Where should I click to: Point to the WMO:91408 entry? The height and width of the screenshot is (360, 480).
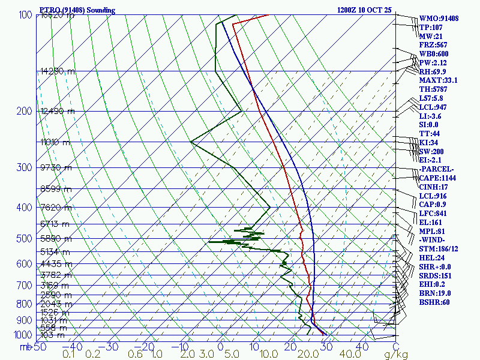click(x=439, y=19)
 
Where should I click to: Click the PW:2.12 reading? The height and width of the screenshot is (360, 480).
click(x=434, y=62)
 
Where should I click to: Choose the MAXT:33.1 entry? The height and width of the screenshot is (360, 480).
click(x=438, y=80)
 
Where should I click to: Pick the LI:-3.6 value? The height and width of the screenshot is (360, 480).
click(x=433, y=116)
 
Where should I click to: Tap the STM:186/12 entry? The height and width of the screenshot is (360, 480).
click(x=439, y=249)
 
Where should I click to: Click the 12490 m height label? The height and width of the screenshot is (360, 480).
click(x=58, y=112)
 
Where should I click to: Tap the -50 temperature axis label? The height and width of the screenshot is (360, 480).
click(x=39, y=347)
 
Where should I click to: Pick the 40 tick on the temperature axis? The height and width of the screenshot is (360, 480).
click(x=362, y=347)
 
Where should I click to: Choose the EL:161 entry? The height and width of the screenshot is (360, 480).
click(x=431, y=223)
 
